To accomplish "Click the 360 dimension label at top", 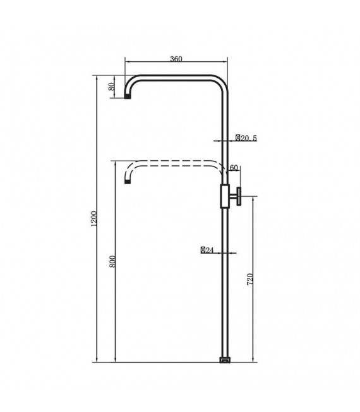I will click(x=176, y=59).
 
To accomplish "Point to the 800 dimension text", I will click(x=112, y=261).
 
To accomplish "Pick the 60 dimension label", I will click(x=234, y=168).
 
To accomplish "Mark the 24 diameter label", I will click(x=207, y=250).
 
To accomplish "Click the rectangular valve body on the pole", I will click(x=224, y=196).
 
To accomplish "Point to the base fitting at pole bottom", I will click(x=224, y=361).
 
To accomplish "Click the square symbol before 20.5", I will click(x=237, y=137).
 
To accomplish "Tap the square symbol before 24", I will click(x=203, y=250).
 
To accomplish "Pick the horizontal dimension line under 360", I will click(x=176, y=63).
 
